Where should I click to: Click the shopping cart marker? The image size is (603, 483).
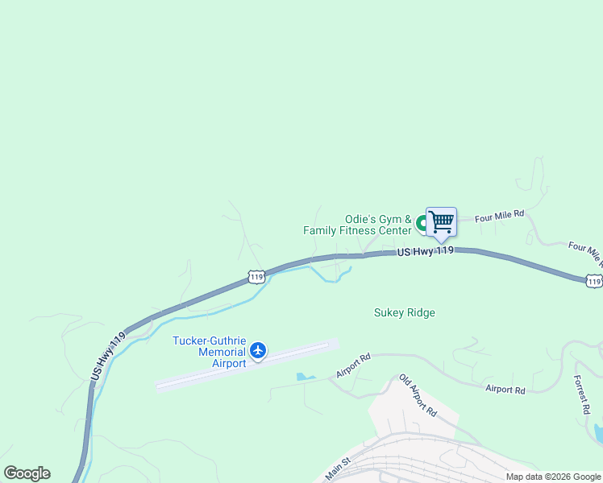pyautogui.click(x=441, y=221)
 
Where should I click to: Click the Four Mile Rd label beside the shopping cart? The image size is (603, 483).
pyautogui.click(x=499, y=216)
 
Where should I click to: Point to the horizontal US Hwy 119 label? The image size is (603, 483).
pyautogui.click(x=426, y=251)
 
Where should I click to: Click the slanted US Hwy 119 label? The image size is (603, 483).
pyautogui.click(x=108, y=356)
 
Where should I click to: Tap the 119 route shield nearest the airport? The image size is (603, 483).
pyautogui.click(x=256, y=277)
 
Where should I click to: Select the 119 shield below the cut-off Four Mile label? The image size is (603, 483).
pyautogui.click(x=593, y=280)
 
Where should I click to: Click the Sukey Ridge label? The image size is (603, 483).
pyautogui.click(x=405, y=312)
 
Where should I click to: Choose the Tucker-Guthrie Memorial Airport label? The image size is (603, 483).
pyautogui.click(x=209, y=351)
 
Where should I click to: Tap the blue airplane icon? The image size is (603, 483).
pyautogui.click(x=258, y=350)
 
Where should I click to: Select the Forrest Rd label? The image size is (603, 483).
pyautogui.click(x=582, y=394)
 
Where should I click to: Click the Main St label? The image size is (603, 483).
pyautogui.click(x=339, y=470)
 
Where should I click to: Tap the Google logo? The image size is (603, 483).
pyautogui.click(x=27, y=473)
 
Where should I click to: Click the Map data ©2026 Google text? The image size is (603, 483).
pyautogui.click(x=552, y=477)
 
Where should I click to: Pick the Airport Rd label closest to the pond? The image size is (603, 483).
pyautogui.click(x=353, y=366)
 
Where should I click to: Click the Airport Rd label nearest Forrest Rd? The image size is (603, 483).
pyautogui.click(x=505, y=390)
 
